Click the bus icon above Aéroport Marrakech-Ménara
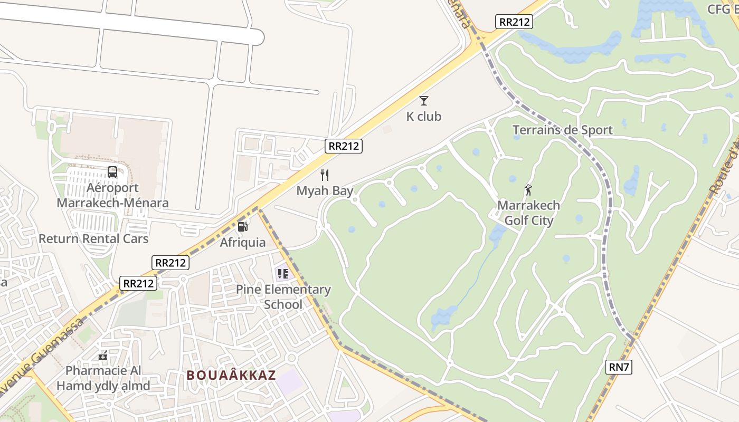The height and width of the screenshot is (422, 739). (112, 171)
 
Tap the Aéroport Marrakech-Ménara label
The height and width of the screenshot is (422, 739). (112, 195)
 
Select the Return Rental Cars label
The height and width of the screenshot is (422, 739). (93, 238)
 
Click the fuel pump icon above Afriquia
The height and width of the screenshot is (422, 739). (243, 227)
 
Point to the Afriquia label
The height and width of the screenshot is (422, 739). (243, 243)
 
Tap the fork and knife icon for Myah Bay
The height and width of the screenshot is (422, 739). (325, 175)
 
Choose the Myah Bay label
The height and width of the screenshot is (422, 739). (325, 191)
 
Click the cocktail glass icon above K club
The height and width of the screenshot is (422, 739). (423, 101)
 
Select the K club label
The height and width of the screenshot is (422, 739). (423, 117)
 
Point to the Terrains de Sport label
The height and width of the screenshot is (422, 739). (562, 130)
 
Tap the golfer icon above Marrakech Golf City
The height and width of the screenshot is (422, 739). (528, 189)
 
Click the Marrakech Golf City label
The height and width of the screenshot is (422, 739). (528, 213)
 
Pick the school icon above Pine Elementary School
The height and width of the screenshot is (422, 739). (283, 274)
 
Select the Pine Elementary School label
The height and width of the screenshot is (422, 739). (283, 297)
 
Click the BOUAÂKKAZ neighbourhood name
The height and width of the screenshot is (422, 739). (231, 375)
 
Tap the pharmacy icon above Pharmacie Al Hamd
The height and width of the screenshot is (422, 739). (103, 356)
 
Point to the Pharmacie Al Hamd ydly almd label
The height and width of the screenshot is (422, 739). (103, 378)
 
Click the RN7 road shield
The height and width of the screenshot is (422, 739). (618, 367)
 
